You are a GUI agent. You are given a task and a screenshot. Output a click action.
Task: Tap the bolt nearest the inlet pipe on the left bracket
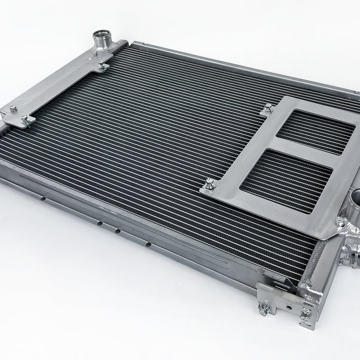(x=104, y=66)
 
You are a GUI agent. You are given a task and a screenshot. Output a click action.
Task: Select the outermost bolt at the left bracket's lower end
(x=13, y=109)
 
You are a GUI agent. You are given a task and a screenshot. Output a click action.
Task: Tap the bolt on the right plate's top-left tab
(x=268, y=109)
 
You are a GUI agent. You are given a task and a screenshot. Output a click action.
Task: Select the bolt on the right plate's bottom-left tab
(x=209, y=185)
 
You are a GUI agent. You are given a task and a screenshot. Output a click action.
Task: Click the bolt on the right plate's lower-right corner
(x=341, y=222)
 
